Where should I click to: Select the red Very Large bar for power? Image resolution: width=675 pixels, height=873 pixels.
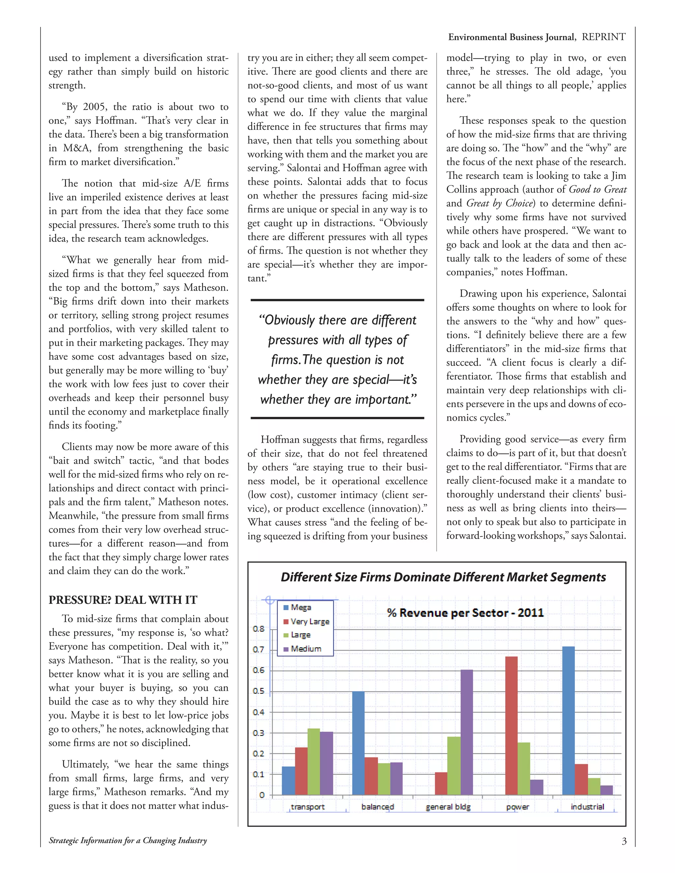pos(512,725)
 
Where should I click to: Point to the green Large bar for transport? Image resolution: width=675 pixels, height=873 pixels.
pos(313,761)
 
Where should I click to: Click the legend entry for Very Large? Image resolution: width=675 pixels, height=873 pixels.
pos(309,621)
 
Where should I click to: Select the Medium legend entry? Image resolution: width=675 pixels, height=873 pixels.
pos(306,648)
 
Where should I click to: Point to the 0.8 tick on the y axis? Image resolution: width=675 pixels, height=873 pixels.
pos(259,629)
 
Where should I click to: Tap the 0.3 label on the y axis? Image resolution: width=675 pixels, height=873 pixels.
pos(259,733)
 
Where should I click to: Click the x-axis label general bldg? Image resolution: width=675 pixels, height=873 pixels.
pos(448,807)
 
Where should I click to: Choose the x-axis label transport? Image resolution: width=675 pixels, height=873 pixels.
pos(308,807)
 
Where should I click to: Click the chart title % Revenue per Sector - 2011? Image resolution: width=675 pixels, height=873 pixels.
pos(465,613)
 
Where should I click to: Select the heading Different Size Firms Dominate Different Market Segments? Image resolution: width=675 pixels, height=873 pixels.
pos(443,577)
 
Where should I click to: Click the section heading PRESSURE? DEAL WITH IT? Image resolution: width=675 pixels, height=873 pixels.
pos(123,600)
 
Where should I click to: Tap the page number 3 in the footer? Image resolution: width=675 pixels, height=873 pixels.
pos(624,841)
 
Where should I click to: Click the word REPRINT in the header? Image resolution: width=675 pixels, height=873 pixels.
pos(603,37)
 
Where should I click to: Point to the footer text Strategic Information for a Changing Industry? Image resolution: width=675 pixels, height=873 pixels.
pos(128,841)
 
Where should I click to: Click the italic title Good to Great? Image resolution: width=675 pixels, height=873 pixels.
pos(598,189)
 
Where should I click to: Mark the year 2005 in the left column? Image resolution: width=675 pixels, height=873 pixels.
pos(94,107)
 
